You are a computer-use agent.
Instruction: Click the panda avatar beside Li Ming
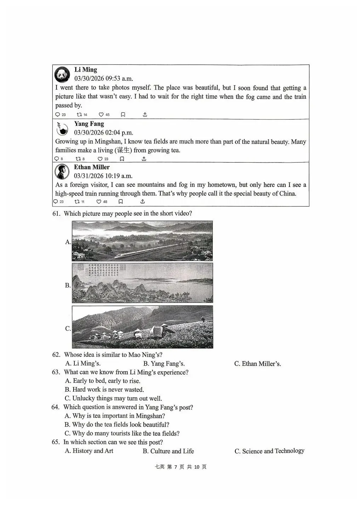62,74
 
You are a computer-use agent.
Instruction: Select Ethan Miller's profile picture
62,171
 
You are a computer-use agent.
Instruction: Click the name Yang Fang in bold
89,124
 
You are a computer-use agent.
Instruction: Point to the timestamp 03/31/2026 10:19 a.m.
103,176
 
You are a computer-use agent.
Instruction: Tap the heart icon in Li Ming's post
101,114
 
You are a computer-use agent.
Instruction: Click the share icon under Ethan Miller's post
142,201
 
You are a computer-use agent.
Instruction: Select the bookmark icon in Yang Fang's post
122,159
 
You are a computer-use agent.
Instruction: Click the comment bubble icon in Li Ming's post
57,114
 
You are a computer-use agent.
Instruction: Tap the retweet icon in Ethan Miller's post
77,202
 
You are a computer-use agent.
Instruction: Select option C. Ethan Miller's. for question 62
257,363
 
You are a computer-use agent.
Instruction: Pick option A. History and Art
89,451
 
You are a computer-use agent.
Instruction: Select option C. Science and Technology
269,451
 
